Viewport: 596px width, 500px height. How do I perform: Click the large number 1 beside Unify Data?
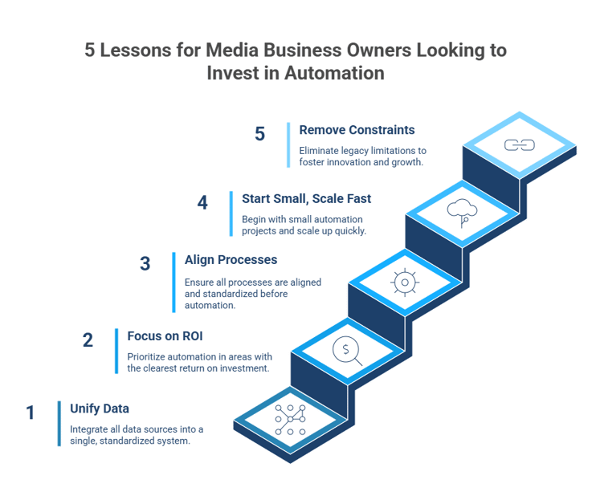click(31, 413)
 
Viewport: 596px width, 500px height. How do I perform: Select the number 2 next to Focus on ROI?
click(88, 340)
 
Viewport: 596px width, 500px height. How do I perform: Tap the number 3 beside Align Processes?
click(145, 264)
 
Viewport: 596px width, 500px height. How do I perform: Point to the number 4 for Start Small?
click(202, 203)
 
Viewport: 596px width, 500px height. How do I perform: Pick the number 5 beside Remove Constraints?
click(259, 134)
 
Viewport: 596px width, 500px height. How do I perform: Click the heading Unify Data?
click(94, 407)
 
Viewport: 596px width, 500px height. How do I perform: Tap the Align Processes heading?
click(219, 259)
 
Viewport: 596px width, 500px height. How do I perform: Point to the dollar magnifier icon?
click(346, 350)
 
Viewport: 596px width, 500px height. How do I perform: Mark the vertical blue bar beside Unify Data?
click(59, 423)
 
